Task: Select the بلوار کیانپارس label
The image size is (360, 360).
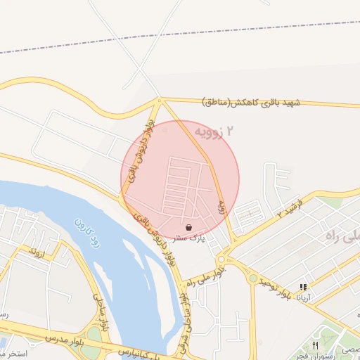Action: (141, 350)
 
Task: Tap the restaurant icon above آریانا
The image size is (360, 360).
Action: (303, 288)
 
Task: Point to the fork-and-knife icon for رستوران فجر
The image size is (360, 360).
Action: (315, 346)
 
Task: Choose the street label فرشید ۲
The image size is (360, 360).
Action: (288, 208)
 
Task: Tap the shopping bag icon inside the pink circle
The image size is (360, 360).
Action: (189, 228)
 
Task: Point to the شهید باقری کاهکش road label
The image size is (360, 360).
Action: (250, 103)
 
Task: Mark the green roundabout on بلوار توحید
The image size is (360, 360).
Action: (252, 278)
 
